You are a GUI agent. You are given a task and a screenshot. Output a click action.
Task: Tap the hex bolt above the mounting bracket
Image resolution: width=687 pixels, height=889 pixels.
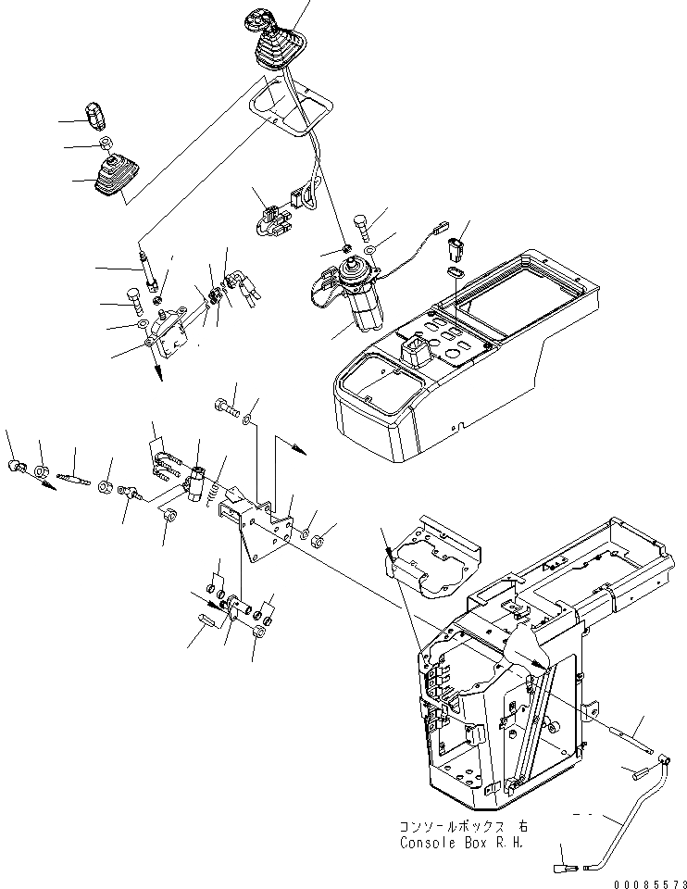(227, 405)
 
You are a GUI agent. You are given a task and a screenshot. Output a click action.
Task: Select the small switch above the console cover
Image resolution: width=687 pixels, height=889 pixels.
(454, 251)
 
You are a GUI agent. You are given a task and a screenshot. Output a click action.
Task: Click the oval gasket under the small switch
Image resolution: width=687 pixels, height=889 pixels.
(454, 272)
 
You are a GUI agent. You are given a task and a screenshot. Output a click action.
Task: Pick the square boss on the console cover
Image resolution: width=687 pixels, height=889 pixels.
(413, 351)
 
